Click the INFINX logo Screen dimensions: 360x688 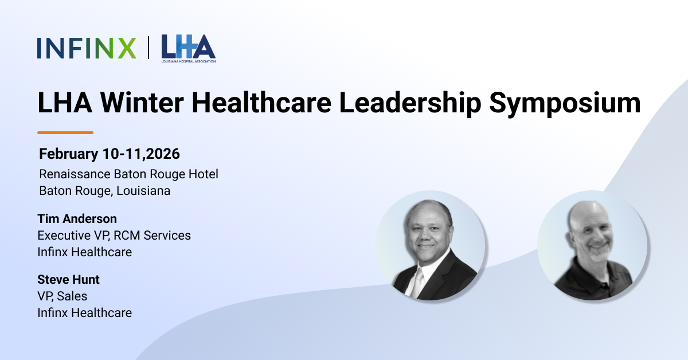pyautogui.click(x=87, y=48)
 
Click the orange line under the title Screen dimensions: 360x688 pyautogui.click(x=65, y=132)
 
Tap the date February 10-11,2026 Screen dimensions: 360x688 pyautogui.click(x=110, y=154)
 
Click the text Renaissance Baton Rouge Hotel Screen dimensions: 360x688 pyautogui.click(x=128, y=174)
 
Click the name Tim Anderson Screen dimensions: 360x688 pyautogui.click(x=77, y=219)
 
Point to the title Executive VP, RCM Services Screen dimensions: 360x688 pyautogui.click(x=114, y=235)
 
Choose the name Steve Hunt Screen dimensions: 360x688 pyautogui.click(x=68, y=280)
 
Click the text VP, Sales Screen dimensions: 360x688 pyautogui.click(x=62, y=296)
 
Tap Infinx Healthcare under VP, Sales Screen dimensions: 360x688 pyautogui.click(x=84, y=313)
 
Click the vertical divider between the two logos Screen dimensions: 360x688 pyautogui.click(x=148, y=48)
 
